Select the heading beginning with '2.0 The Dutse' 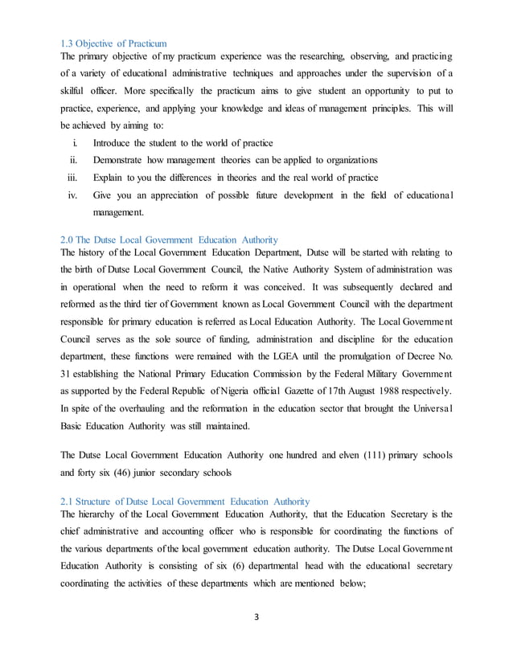pos(170,240)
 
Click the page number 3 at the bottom pos(256,640)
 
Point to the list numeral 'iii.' pos(74,177)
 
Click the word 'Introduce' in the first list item pos(117,142)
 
